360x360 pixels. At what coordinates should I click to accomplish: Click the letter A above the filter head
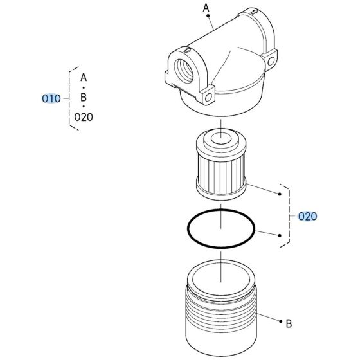[207, 8]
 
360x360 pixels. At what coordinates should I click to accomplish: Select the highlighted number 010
[51, 99]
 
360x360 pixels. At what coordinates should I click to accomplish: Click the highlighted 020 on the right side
[308, 217]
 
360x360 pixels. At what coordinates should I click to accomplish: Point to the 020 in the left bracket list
[84, 117]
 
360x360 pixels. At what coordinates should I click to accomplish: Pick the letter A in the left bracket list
[84, 76]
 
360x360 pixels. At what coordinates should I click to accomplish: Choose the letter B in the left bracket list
[84, 97]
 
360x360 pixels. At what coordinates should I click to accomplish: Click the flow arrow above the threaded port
[186, 51]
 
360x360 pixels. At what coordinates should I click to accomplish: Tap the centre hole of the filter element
[221, 137]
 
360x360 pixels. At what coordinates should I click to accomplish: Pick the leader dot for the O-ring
[280, 235]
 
